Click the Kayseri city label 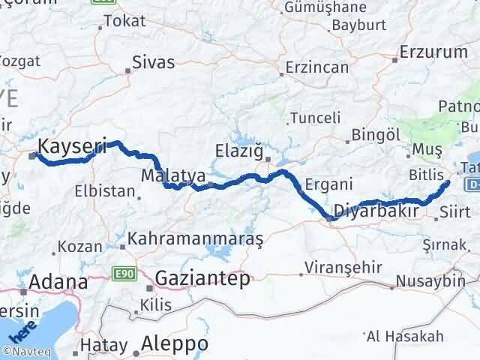coord(73,146)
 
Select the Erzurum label coord(433,52)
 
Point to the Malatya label coord(173,175)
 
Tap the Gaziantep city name coord(202,279)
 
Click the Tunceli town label coord(315,118)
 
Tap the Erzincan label coord(317,67)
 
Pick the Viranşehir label coord(344,268)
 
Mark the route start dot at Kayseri coord(33,156)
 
